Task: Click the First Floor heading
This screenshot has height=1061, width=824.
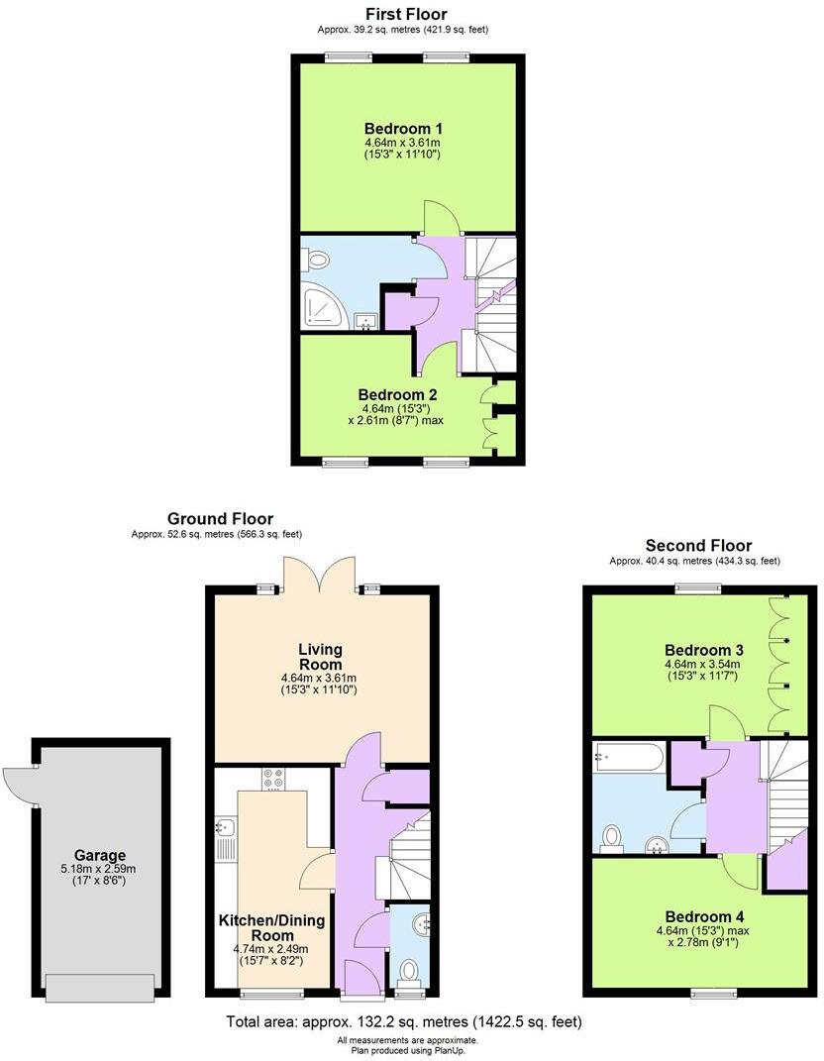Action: [x=406, y=14]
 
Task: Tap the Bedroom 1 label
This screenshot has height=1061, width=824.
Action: [x=403, y=129]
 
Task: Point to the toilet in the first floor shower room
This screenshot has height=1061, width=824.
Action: [x=317, y=261]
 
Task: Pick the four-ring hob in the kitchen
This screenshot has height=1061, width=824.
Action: [x=272, y=780]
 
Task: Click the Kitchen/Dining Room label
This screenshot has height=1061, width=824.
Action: [x=271, y=928]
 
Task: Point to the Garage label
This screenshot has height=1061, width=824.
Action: [x=100, y=856]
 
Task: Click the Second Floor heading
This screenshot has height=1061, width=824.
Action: [x=698, y=545]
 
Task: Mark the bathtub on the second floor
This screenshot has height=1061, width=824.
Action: [x=629, y=757]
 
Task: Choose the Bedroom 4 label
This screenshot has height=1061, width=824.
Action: [x=703, y=916]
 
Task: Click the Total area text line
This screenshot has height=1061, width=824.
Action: [x=404, y=1021]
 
